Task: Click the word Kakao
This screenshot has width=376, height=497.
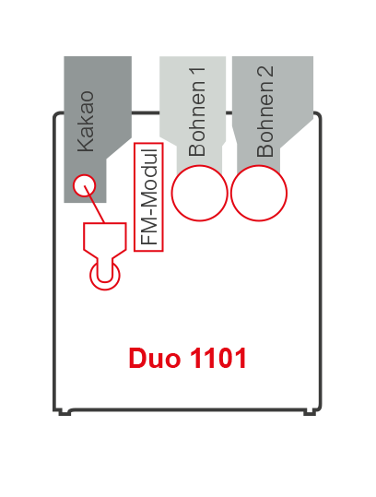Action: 86,120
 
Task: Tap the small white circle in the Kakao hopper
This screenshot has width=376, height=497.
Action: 84,184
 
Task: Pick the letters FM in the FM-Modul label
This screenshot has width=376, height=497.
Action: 148,234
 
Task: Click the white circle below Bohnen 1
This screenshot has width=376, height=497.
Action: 199,194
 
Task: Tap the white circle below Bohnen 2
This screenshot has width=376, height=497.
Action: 259,194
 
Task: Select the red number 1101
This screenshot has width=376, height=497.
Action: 217,358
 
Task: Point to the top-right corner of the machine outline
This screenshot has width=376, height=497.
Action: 317,115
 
